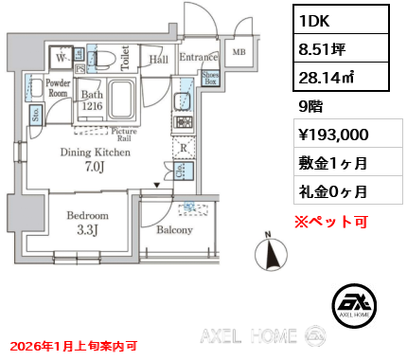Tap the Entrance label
198,59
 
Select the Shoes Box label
211,80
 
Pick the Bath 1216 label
92,100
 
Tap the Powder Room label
59,88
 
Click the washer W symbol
62,59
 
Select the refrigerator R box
182,148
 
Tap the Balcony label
174,230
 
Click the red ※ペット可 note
331,223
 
